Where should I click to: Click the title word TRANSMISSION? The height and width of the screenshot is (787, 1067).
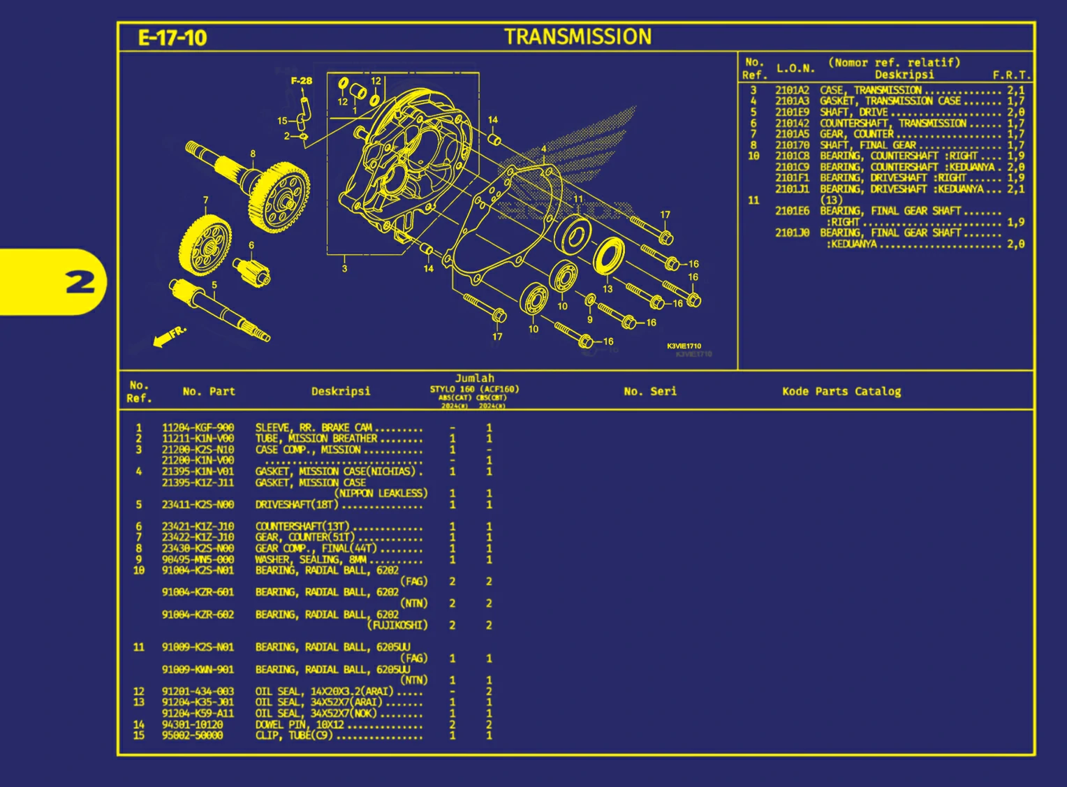pos(577,37)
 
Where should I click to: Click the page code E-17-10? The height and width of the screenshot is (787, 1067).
pos(172,38)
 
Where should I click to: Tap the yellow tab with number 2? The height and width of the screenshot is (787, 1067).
pos(53,282)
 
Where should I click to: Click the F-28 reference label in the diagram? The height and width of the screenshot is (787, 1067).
pos(302,81)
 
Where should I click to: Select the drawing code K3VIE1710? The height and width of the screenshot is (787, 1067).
pos(684,346)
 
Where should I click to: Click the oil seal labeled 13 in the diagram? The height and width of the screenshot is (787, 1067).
pos(609,256)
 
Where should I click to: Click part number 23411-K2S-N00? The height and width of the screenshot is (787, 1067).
pos(198,504)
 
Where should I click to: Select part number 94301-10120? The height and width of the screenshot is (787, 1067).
pos(192,725)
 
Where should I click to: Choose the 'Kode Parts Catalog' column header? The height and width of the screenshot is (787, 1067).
pos(841,392)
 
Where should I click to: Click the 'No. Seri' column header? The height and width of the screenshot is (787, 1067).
pos(649,392)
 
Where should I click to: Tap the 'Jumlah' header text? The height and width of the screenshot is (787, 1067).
pos(474,378)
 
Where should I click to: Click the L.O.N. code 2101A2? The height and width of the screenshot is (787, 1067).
pos(792,90)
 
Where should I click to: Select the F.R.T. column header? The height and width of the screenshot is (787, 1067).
pos(1011,75)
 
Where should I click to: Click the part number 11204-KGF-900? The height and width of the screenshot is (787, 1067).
pos(198,427)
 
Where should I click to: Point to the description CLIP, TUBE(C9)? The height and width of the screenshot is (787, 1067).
pos(294,735)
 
